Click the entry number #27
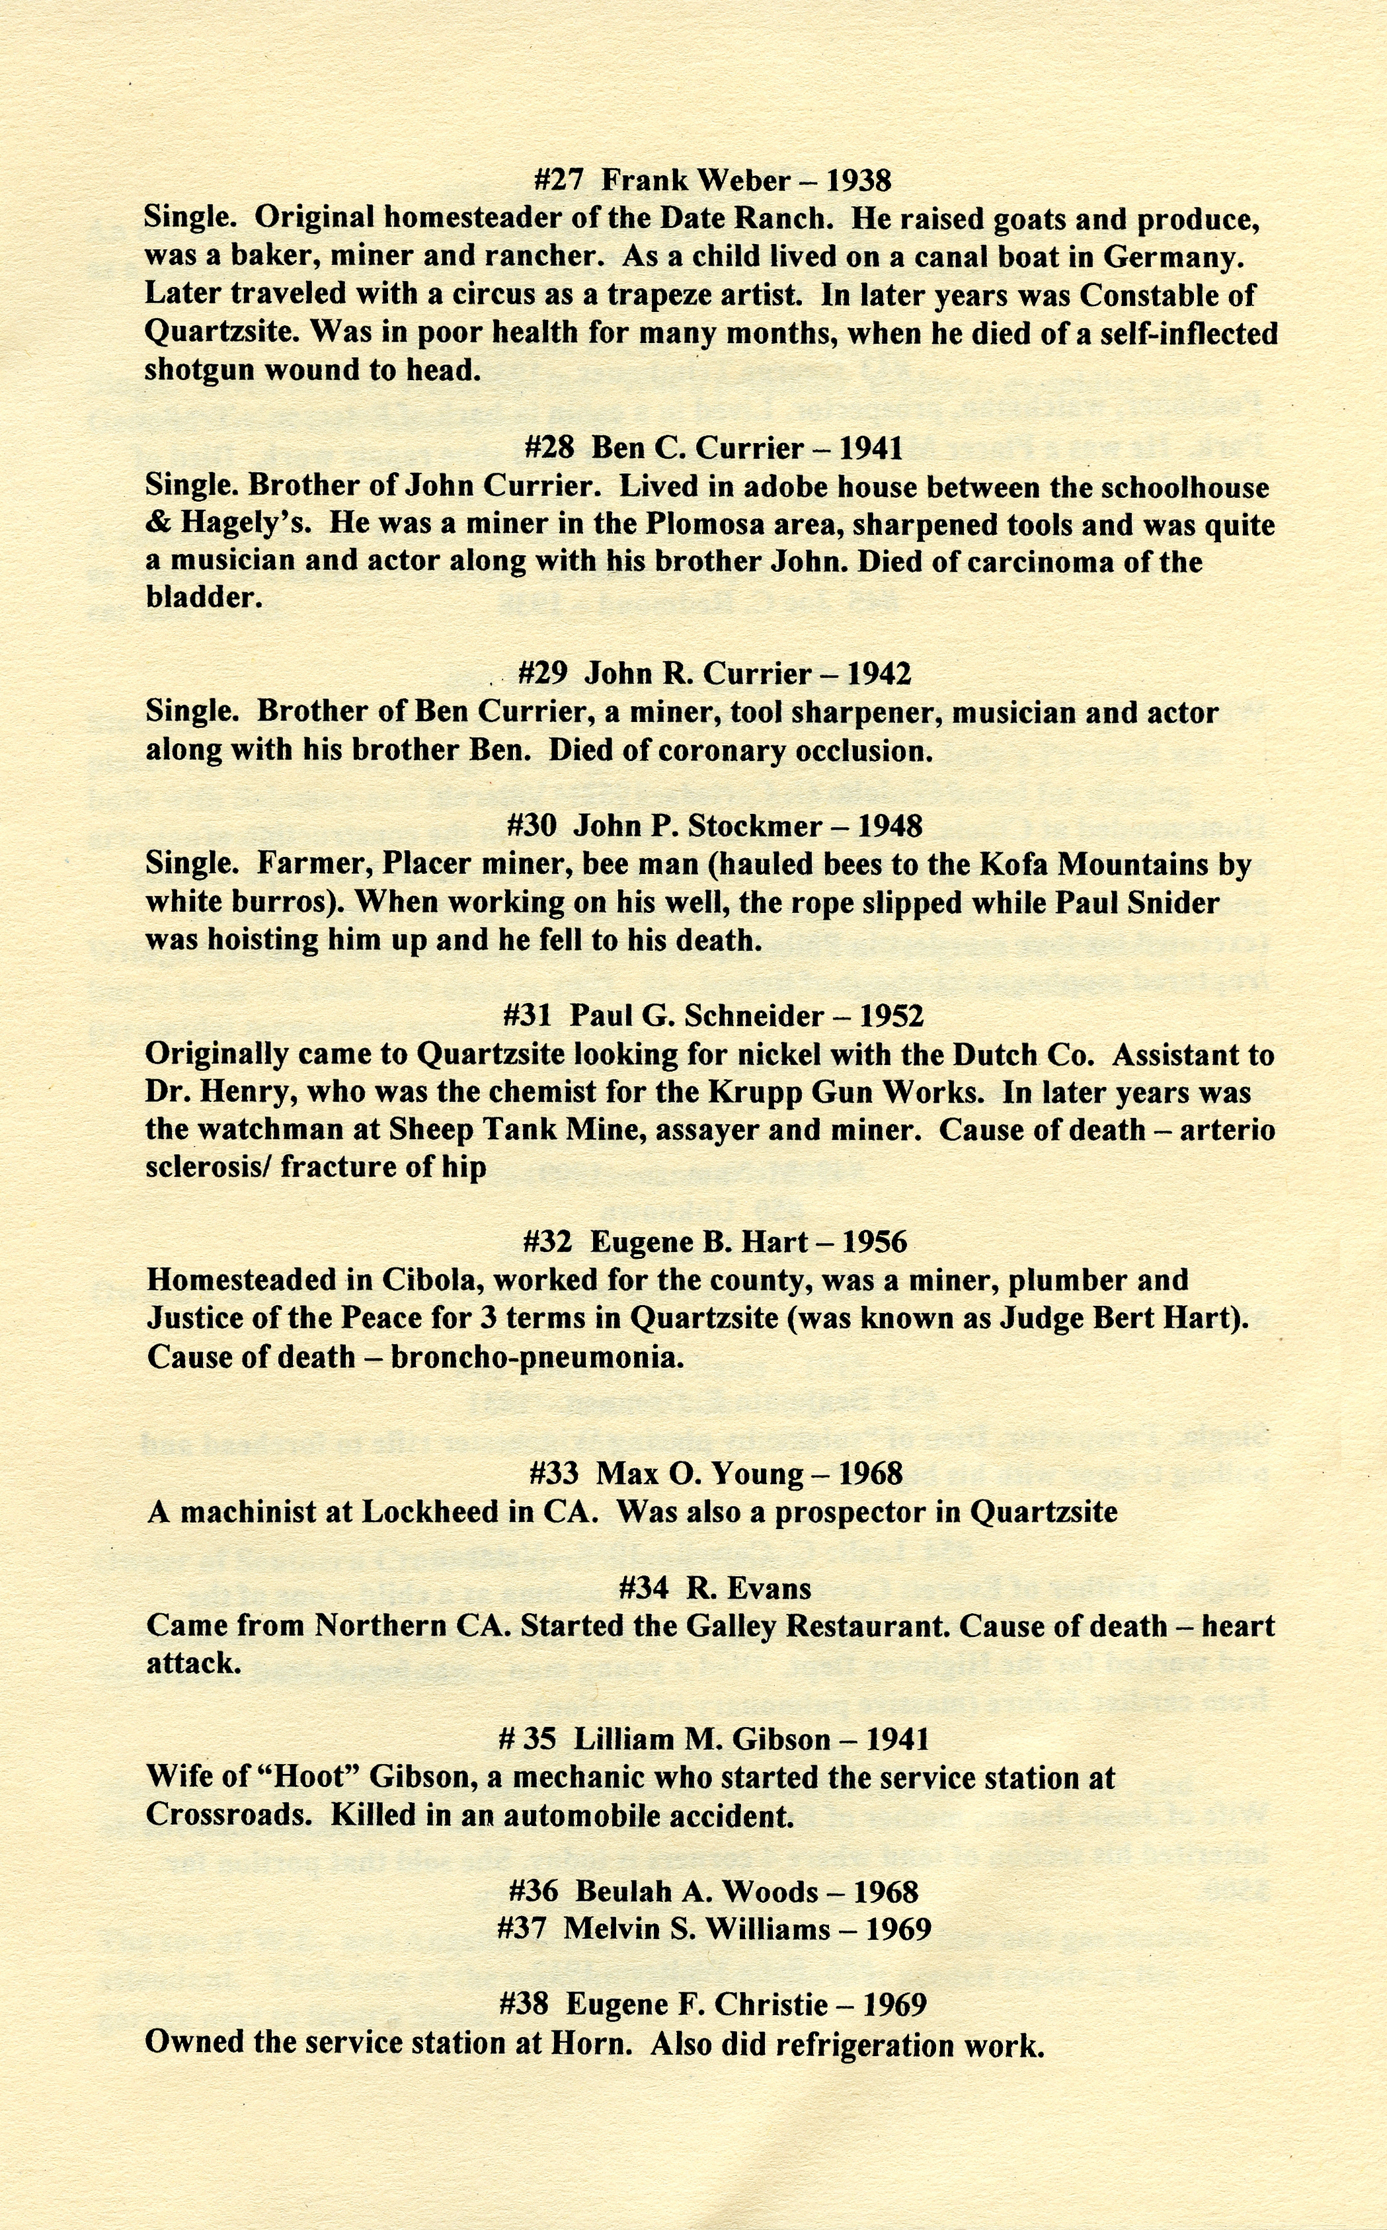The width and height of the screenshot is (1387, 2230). click(x=558, y=180)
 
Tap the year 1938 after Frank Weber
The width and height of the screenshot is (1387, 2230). click(x=859, y=180)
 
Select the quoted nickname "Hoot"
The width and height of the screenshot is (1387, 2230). click(x=309, y=1778)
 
